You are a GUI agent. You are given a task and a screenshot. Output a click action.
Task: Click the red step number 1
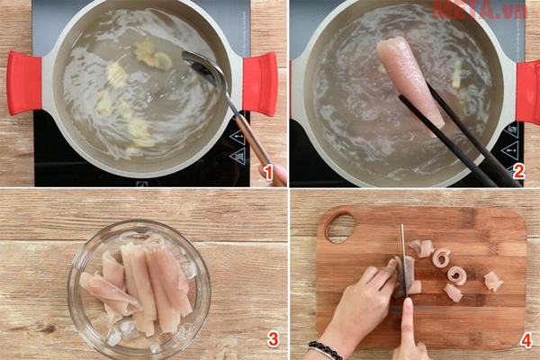click(x=265, y=171)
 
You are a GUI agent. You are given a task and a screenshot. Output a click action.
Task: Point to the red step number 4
click(x=526, y=340)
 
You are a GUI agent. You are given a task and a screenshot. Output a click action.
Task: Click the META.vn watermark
click(x=478, y=10)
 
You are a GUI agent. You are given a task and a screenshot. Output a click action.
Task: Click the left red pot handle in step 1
click(x=24, y=83)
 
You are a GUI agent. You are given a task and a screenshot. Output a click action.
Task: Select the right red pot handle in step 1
click(x=259, y=83)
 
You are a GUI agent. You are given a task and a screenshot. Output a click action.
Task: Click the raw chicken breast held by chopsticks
click(x=409, y=76)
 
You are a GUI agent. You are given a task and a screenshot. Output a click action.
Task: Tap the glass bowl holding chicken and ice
click(x=139, y=288)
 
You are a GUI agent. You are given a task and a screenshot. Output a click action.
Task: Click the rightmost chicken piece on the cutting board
click(x=492, y=281)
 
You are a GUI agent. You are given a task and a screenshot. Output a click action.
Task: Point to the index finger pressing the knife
click(x=407, y=315)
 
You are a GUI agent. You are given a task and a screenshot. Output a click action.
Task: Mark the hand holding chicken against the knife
click(x=364, y=301)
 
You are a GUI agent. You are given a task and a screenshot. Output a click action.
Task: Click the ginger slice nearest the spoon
click(x=163, y=60)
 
